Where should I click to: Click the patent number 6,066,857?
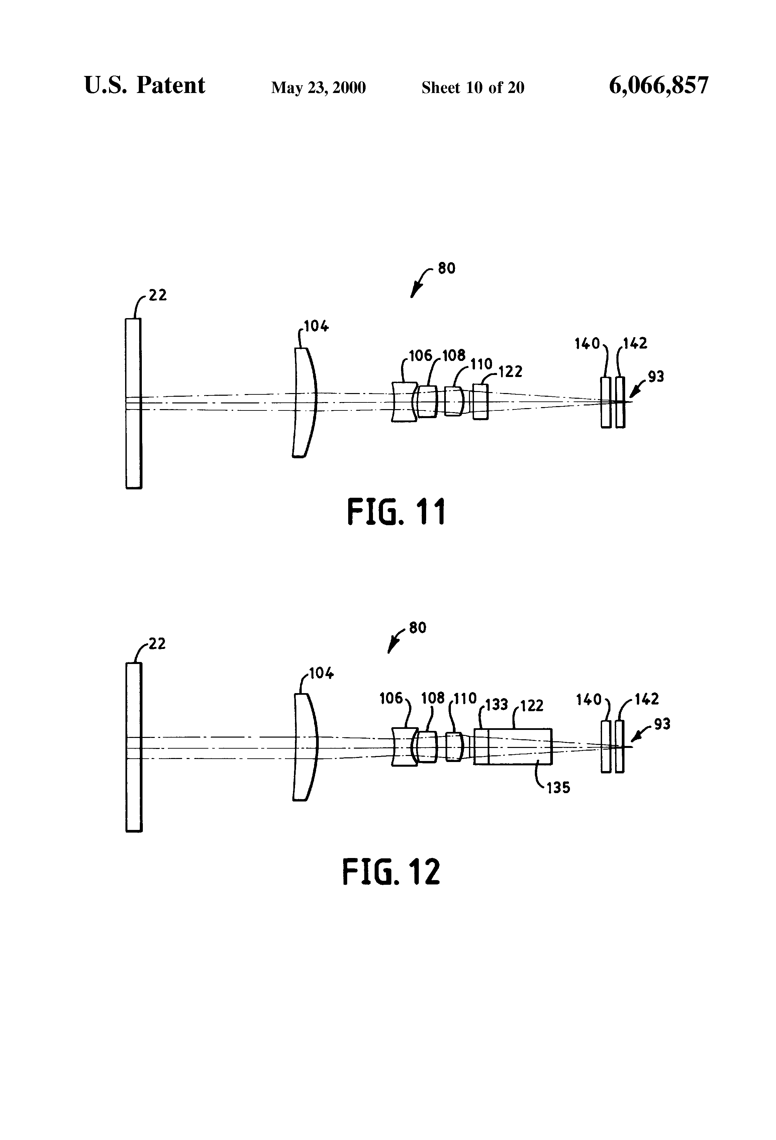[x=658, y=86]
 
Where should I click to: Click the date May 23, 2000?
[x=318, y=88]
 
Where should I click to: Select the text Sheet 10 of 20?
[x=473, y=87]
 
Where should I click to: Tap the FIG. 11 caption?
[x=396, y=511]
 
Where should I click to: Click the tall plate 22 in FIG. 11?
[x=133, y=403]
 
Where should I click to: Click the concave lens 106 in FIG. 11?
[x=404, y=402]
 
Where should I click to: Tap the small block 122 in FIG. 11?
[x=481, y=402]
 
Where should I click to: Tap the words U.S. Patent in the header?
[x=145, y=85]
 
